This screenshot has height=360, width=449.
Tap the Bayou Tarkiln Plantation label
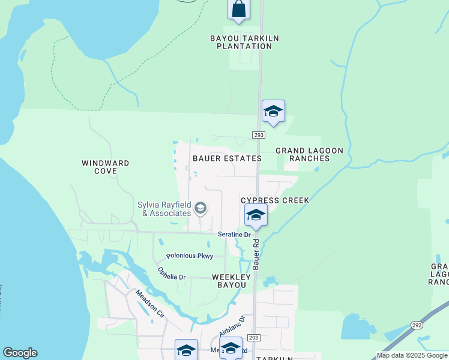[236, 42]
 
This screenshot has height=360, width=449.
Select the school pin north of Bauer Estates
[273, 112]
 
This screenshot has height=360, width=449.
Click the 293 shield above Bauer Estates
[259, 135]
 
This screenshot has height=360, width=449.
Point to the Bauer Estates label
[227, 158]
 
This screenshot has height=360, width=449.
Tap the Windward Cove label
[106, 167]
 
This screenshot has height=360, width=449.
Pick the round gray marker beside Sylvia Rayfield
[200, 209]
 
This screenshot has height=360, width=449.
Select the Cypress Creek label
[275, 200]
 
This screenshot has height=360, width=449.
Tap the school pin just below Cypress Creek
[256, 215]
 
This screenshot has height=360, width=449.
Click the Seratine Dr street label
[233, 234]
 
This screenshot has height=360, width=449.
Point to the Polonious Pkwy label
[190, 256]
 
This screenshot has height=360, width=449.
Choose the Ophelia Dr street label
[172, 274]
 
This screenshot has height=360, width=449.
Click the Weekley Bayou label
[229, 281]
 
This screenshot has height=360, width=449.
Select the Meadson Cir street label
[149, 304]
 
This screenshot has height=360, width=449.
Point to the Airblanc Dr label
[232, 327]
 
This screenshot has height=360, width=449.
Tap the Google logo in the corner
[20, 353]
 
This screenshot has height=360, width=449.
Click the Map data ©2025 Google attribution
[412, 355]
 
